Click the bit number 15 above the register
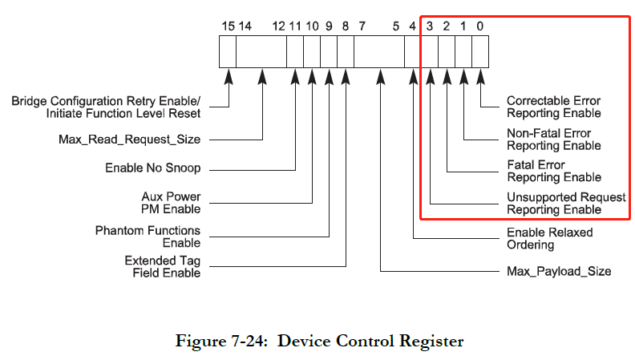click(229, 26)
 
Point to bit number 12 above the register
click(279, 26)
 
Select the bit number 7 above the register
click(362, 26)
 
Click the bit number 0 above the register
click(479, 26)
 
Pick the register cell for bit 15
click(229, 53)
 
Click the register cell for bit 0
click(480, 53)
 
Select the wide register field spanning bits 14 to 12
click(262, 53)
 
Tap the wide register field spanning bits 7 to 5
click(379, 53)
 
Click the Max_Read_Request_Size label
click(129, 140)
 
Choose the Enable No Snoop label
click(152, 168)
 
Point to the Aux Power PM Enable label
click(171, 203)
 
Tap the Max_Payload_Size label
click(559, 271)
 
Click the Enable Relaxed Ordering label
click(549, 238)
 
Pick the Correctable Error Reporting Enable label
click(552, 107)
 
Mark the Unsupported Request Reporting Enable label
click(566, 204)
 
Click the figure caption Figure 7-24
click(319, 341)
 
